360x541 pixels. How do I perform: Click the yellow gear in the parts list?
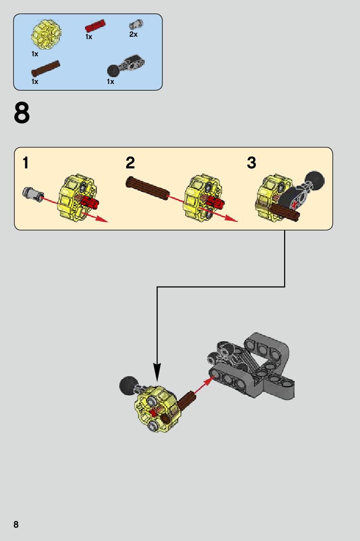tap(46, 34)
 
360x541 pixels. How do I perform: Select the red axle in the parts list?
tap(95, 26)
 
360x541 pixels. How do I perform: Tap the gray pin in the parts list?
tap(136, 24)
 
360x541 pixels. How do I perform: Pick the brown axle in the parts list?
tap(45, 68)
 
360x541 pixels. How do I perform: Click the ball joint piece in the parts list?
tap(126, 65)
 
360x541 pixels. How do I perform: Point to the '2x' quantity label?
tap(133, 34)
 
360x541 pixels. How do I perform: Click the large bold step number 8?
tap(22, 113)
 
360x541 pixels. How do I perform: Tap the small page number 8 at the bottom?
tap(16, 524)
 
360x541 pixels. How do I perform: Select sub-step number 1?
tap(25, 163)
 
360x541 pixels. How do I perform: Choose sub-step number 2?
tap(130, 163)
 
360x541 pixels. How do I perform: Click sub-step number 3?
tap(252, 163)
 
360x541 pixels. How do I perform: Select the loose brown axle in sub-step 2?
tap(148, 188)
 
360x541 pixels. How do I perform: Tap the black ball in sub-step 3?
tap(315, 179)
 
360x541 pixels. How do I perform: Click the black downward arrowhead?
tap(157, 372)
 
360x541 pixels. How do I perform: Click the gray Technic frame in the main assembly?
tap(252, 366)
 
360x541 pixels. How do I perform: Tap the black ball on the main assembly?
tap(128, 386)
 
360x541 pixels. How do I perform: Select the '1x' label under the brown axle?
tap(35, 82)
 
